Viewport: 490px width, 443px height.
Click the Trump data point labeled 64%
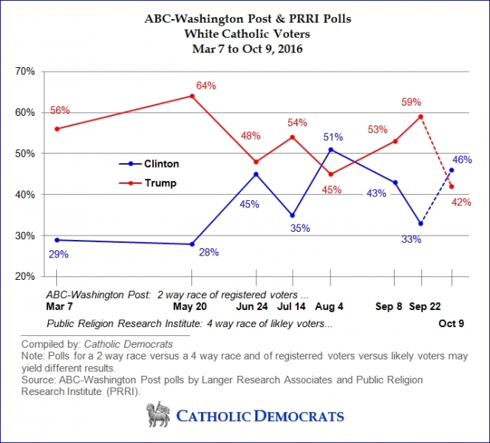(x=192, y=96)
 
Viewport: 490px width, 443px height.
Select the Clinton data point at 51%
(x=330, y=150)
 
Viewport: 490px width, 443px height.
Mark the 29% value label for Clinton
(x=58, y=254)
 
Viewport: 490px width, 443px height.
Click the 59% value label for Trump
(x=412, y=101)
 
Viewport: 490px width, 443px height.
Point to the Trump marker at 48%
(x=256, y=162)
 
